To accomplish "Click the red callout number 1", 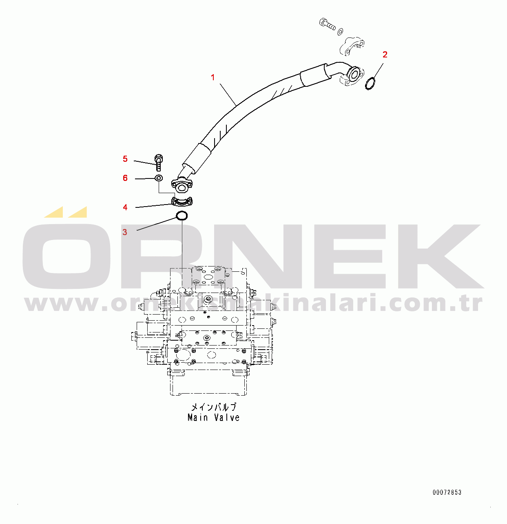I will tap(213, 77).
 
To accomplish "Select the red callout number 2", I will tap(385, 55).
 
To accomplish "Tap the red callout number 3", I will tap(125, 232).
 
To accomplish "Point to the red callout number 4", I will tap(125, 207).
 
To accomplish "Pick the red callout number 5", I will tap(125, 159).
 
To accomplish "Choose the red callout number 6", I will tap(125, 178).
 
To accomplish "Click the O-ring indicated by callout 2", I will tap(370, 84).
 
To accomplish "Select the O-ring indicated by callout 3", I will tap(182, 216).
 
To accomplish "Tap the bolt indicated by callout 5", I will tap(159, 162).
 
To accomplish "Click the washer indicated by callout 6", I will tap(159, 178).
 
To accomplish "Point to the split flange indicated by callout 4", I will tap(182, 201).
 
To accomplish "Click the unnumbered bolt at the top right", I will tap(327, 24).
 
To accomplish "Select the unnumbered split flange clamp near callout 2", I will tap(352, 45).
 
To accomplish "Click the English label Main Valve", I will tap(213, 418).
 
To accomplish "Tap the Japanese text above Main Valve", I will tap(213, 407).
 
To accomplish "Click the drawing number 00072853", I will tap(447, 492).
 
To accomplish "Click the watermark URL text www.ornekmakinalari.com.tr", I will tap(253, 304).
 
